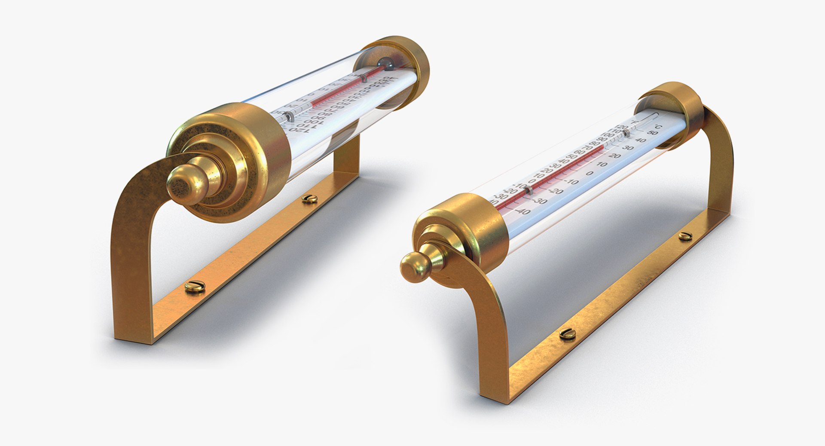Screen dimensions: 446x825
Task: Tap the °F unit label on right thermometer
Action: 636,123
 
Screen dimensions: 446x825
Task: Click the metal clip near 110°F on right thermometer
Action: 626,134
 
